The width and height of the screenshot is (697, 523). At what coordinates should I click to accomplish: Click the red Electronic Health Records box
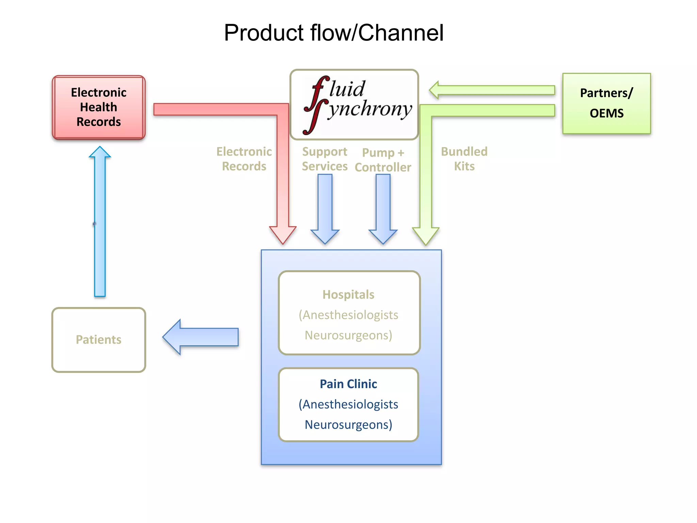pyautogui.click(x=99, y=107)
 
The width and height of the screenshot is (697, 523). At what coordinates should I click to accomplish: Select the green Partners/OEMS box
pyautogui.click(x=606, y=103)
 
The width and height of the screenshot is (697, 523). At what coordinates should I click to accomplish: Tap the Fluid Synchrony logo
pyautogui.click(x=354, y=105)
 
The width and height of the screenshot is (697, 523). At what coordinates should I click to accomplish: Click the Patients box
pyautogui.click(x=99, y=339)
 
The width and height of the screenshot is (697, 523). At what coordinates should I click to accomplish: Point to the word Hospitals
pyautogui.click(x=348, y=295)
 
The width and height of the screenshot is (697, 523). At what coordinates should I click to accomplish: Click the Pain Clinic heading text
pyautogui.click(x=348, y=384)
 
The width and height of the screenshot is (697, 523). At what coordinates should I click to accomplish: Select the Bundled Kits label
pyautogui.click(x=464, y=159)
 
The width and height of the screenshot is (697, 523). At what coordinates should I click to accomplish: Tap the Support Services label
pyautogui.click(x=325, y=159)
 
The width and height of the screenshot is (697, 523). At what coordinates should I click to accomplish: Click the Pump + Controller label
pyautogui.click(x=383, y=160)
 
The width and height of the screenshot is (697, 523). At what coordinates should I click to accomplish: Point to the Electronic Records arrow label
pyautogui.click(x=244, y=159)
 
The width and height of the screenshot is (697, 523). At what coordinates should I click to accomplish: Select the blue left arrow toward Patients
pyautogui.click(x=201, y=337)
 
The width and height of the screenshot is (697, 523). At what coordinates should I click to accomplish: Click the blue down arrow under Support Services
pyautogui.click(x=325, y=208)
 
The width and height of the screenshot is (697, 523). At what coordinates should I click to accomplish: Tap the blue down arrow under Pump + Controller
pyautogui.click(x=383, y=208)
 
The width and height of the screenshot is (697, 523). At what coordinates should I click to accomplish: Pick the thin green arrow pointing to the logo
pyautogui.click(x=492, y=90)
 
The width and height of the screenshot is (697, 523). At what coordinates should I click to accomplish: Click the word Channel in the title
pyautogui.click(x=401, y=33)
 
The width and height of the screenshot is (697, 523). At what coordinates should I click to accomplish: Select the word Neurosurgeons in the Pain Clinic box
pyautogui.click(x=348, y=425)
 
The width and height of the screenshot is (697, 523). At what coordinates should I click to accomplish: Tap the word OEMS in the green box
pyautogui.click(x=606, y=113)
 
